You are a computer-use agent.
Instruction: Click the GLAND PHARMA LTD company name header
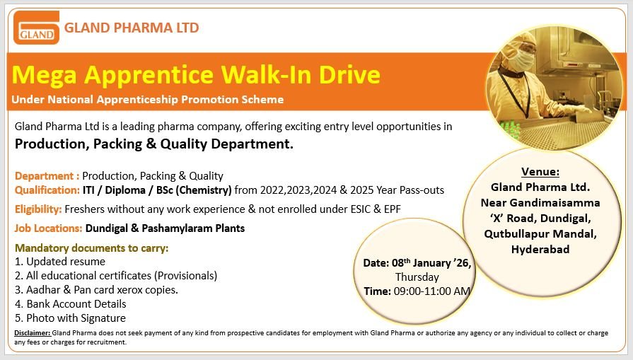point(132,28)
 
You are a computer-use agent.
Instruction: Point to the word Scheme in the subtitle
point(262,100)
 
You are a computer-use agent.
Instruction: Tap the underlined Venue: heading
point(540,172)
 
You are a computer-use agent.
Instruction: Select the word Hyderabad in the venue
point(540,249)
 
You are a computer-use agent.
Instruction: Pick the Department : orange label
point(47,176)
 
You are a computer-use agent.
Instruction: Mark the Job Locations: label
point(48,228)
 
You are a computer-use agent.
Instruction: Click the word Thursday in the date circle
point(417,277)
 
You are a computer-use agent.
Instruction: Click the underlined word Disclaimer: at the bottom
point(32,332)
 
